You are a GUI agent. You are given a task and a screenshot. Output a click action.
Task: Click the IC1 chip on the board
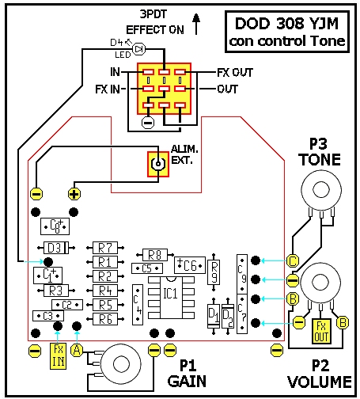point(171,298)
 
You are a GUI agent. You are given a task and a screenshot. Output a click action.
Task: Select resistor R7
point(105,248)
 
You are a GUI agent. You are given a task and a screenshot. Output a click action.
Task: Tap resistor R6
point(105,319)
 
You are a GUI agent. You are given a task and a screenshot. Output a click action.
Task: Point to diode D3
point(56,248)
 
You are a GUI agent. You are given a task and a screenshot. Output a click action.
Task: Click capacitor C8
point(55,226)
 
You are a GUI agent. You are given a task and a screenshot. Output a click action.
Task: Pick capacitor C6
point(190,265)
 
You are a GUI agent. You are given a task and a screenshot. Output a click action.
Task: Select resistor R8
point(155,255)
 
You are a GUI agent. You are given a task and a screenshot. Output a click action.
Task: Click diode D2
point(228,317)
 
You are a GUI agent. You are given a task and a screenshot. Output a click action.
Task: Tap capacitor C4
point(138,305)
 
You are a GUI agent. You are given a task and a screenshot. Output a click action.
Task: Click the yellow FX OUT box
point(321,331)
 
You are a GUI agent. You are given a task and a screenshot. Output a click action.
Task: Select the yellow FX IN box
point(58,356)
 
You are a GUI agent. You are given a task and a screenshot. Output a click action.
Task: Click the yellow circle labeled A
point(77,351)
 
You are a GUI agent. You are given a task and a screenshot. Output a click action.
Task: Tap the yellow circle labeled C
point(293,261)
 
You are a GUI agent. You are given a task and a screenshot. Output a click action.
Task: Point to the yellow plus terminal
point(74,194)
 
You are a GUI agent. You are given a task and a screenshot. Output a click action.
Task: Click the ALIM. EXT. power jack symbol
point(158,164)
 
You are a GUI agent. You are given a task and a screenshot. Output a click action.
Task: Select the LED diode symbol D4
point(138,49)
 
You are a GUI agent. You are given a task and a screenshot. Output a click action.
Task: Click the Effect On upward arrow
point(196,24)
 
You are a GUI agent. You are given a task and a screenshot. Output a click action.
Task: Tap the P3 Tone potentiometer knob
point(321,190)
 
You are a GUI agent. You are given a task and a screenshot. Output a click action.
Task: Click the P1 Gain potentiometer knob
point(121,364)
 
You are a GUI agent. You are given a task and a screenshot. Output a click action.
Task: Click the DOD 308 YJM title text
point(286,24)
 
